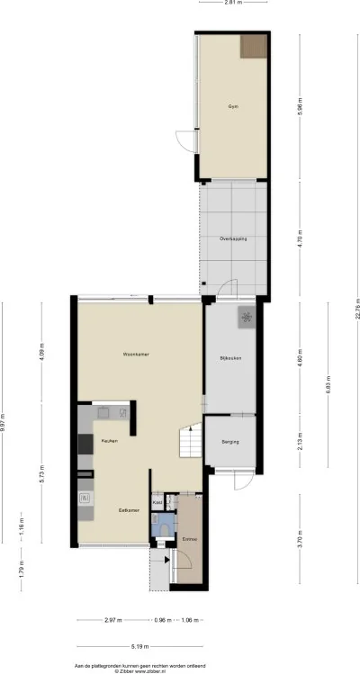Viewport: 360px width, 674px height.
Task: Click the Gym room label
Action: (232, 106)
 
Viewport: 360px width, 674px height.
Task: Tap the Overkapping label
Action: (232, 238)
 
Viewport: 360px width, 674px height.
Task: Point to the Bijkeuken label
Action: (230, 359)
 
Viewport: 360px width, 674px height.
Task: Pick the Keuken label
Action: (109, 441)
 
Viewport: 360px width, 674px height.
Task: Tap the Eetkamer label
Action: (129, 510)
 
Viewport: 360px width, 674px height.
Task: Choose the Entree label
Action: (190, 539)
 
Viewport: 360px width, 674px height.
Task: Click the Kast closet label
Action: (157, 502)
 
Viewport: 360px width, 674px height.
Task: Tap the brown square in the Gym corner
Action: (253, 47)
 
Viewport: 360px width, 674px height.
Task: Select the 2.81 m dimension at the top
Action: (233, 4)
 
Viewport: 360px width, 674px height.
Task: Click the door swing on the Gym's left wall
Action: (185, 141)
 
